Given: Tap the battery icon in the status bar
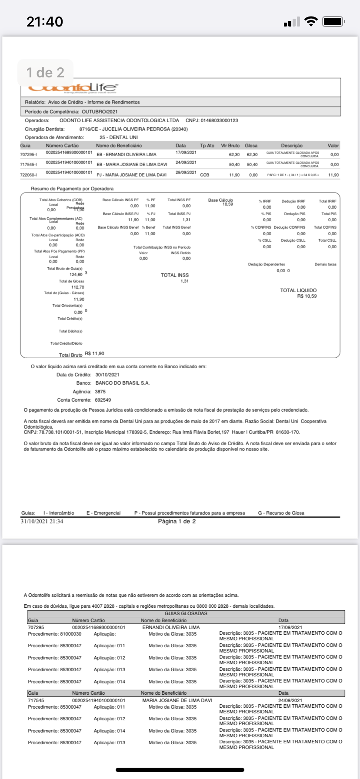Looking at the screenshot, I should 333,21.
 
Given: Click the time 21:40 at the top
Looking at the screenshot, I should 45,21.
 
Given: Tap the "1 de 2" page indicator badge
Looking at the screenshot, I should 45,73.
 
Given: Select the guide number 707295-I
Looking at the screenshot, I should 28,155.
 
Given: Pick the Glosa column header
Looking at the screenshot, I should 251,146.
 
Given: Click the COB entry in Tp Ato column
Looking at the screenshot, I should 204,175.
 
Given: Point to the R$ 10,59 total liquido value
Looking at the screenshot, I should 307,296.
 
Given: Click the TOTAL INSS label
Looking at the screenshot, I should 175,275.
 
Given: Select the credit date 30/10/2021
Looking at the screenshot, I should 107,375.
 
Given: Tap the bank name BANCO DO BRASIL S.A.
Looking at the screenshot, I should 122,383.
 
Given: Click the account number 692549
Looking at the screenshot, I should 103,400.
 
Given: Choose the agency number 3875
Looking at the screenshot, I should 100,392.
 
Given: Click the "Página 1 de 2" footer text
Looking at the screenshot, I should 177,521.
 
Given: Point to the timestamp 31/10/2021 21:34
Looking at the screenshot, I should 42,521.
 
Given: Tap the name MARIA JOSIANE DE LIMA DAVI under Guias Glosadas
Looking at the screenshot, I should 177,700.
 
